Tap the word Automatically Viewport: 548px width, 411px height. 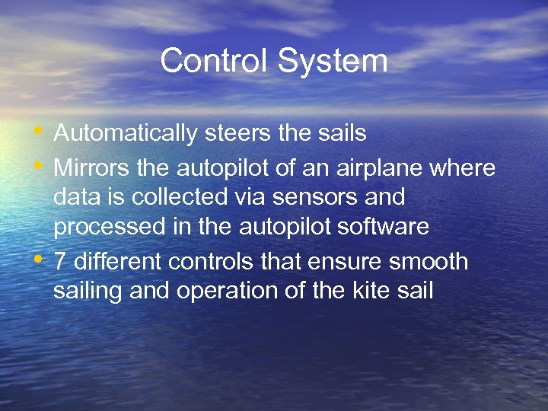coord(125,134)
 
